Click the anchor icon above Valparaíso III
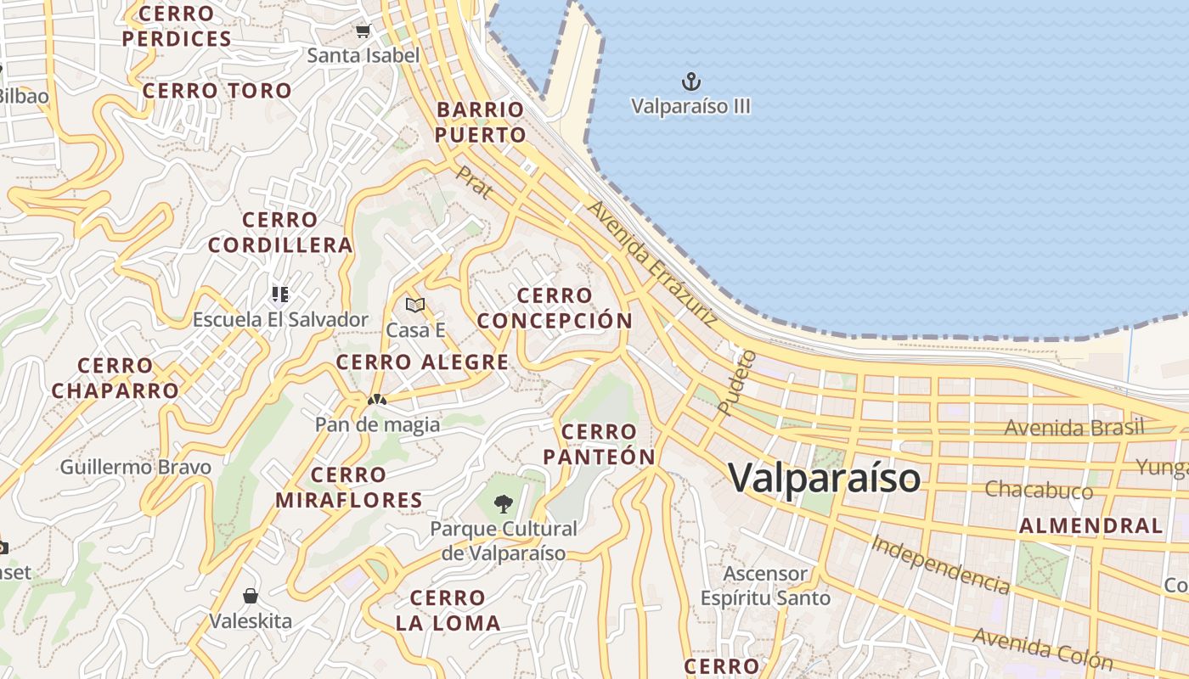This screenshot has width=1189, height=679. pos(691,81)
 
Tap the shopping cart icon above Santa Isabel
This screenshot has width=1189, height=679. pos(363,31)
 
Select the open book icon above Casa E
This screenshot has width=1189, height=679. pos(415,305)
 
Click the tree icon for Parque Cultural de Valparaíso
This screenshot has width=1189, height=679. pos(504,503)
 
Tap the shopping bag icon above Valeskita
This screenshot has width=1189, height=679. pos(251,596)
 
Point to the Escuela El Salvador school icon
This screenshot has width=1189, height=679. pos(280,295)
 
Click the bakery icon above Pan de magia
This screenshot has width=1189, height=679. pos(377,399)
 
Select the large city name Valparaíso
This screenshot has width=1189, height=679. pos(824,478)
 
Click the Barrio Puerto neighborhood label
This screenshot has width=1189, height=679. pos(481,122)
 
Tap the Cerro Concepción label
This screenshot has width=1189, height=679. pos(555,308)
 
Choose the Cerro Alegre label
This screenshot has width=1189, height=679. pos(422,362)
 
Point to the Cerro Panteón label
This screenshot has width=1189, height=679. pos(599,444)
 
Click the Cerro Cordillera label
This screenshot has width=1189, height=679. pos(280,233)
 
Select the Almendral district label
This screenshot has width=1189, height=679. pos(1090,525)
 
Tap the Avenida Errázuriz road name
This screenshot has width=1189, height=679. pos(652,264)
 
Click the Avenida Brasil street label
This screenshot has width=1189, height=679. pos(1074,427)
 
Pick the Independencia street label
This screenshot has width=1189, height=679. pos(940,564)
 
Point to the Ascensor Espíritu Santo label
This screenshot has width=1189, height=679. pos(765,586)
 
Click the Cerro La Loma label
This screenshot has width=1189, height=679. pos(448,610)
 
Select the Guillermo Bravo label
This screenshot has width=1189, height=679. pos(135,467)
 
